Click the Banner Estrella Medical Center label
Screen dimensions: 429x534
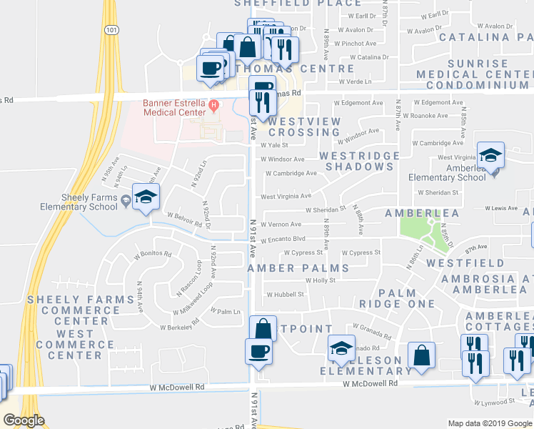173,107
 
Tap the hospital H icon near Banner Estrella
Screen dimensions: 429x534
213,107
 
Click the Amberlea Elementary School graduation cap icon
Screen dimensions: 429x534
490,156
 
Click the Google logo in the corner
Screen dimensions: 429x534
24,420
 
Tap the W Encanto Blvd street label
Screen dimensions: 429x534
283,239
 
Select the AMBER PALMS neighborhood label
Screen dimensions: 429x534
298,268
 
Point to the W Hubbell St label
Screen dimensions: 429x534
286,294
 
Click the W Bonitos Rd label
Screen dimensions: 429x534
152,254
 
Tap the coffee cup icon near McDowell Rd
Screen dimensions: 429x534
258,352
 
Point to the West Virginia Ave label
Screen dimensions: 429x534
286,196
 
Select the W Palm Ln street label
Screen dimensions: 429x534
226,312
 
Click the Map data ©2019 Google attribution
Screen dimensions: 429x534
489,423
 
